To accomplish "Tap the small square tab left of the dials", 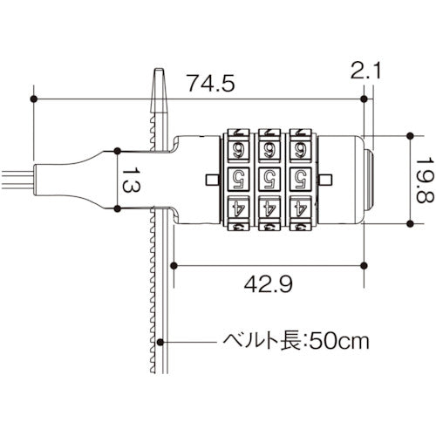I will tap(213, 180).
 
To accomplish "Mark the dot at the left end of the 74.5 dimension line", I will tap(34, 100).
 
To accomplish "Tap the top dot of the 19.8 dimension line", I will tap(410, 136).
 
